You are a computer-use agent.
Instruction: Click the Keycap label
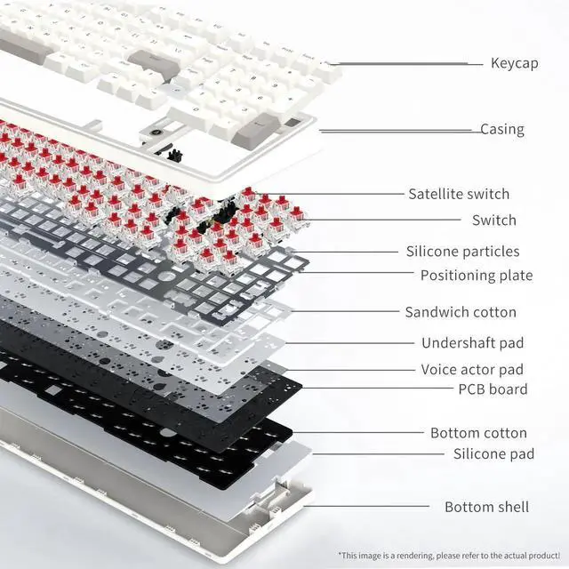tap(513, 63)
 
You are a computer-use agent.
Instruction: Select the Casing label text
tap(502, 130)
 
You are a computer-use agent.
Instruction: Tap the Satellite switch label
tap(459, 194)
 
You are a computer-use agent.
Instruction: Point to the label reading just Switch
tap(494, 220)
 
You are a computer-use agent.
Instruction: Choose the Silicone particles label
tap(462, 252)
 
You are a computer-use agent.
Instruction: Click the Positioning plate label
tap(477, 276)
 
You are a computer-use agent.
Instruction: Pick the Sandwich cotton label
tap(461, 312)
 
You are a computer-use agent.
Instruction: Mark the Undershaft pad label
tap(472, 342)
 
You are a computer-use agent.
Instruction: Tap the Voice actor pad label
tap(472, 369)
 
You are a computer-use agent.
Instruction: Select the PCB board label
tap(493, 389)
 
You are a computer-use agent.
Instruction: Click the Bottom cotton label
tap(478, 433)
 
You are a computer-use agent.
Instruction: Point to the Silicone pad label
tap(493, 453)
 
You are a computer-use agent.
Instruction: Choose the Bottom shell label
tap(486, 507)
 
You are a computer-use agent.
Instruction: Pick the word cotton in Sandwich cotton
tap(494, 312)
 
